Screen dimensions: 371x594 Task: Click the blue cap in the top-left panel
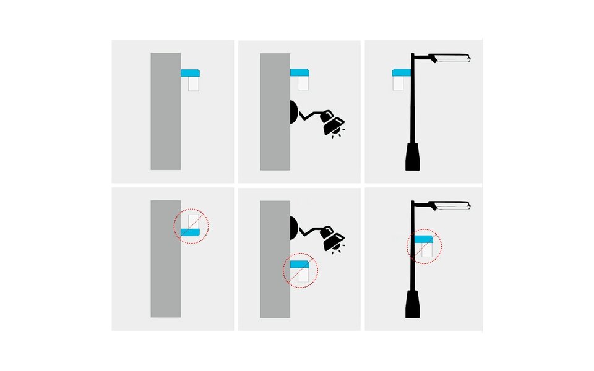point(190,73)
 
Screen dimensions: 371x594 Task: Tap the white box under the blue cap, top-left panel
point(194,84)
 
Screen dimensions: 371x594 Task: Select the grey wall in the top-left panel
point(166,111)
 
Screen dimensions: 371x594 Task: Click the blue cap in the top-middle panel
point(299,73)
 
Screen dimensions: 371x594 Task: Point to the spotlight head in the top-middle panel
point(332,122)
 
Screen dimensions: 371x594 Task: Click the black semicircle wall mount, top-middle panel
point(294,113)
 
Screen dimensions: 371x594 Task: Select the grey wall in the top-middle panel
point(275,111)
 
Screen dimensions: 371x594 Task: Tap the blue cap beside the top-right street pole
point(402,73)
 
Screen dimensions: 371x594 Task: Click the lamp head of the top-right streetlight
point(452,59)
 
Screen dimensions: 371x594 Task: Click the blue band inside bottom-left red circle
point(190,232)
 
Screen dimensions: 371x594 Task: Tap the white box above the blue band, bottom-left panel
point(194,221)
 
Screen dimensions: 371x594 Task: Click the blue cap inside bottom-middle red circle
point(299,264)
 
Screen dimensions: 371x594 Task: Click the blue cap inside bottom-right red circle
point(423,239)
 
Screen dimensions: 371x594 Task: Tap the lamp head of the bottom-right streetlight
point(452,206)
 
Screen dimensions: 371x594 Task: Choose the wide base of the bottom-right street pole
point(413,304)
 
